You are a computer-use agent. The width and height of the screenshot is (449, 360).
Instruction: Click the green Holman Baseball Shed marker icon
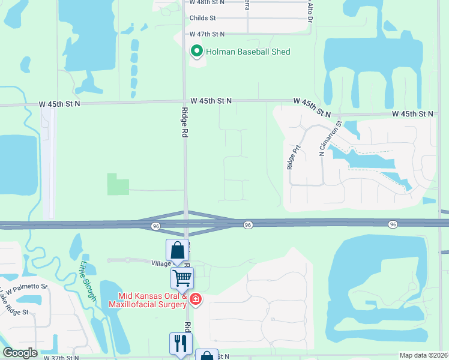coord(196,52)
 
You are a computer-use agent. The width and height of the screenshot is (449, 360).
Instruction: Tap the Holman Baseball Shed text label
coord(248,52)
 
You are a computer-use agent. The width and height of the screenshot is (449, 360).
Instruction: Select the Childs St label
coord(202,18)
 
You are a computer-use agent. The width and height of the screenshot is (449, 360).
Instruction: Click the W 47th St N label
coord(207,34)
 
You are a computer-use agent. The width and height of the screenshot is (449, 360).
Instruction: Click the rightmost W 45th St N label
coord(413,113)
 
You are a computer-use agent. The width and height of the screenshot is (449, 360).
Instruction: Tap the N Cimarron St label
coord(331,138)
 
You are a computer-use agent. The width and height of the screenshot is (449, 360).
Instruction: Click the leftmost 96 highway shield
coord(156,226)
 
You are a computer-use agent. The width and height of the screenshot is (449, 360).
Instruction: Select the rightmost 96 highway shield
coord(393,224)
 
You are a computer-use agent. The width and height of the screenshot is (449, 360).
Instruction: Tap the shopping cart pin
coord(181,278)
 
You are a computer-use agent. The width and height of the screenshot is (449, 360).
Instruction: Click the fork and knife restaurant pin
coord(180,344)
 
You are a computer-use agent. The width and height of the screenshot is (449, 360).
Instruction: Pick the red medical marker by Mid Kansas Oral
coord(196,299)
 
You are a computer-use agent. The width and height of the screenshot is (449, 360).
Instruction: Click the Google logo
coord(20,353)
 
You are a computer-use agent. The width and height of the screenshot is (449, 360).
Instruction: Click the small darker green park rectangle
coord(118,184)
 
